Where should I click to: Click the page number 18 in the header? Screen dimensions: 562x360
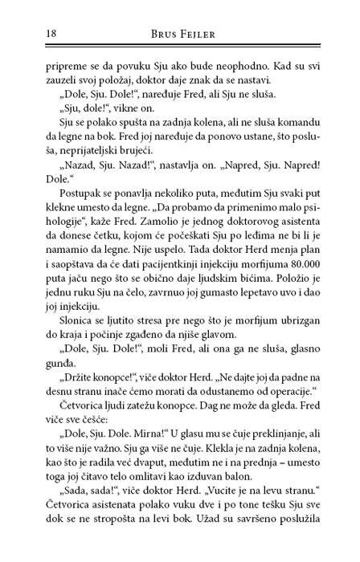[30, 35]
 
